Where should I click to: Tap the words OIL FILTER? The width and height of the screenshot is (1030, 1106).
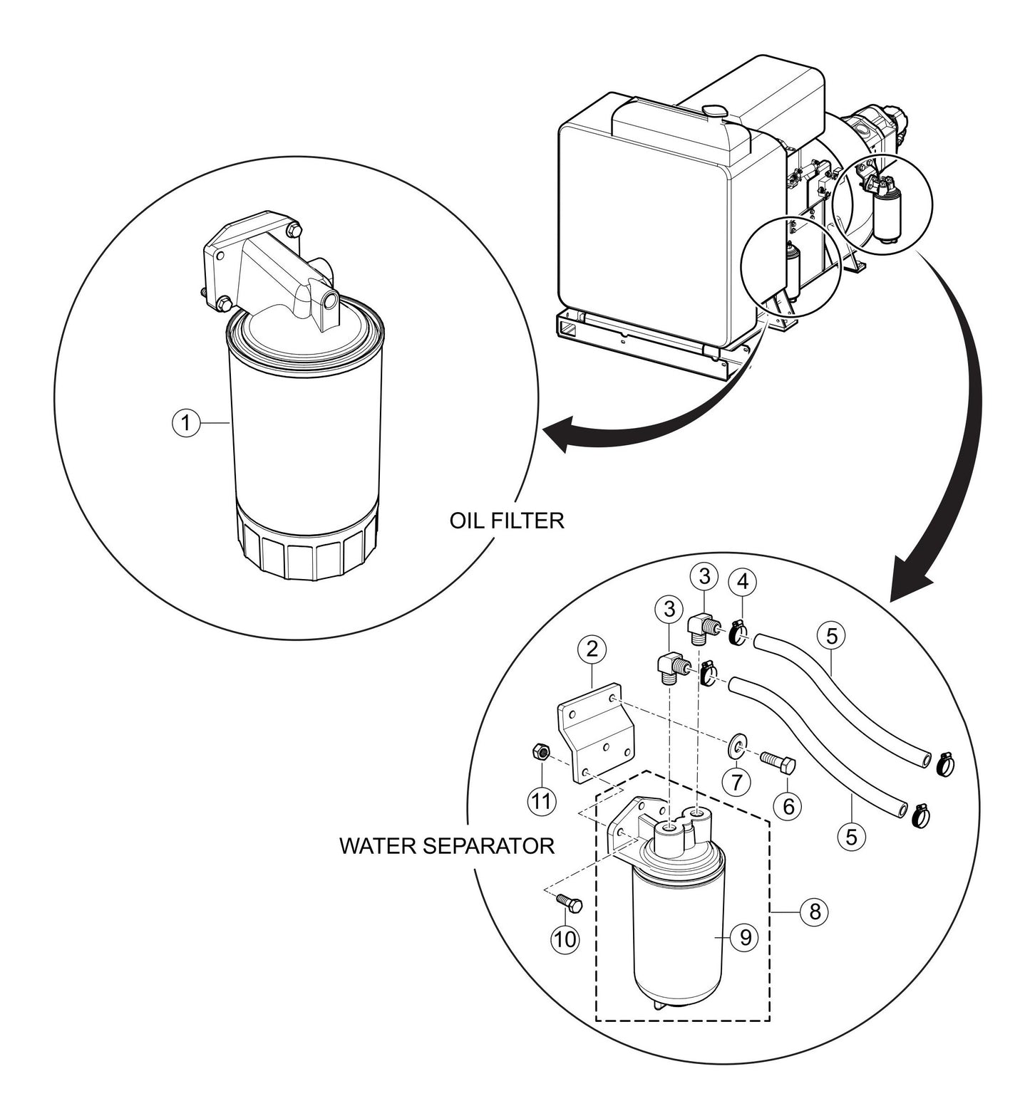coord(506,521)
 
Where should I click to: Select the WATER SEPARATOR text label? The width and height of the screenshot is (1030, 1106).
coord(447,846)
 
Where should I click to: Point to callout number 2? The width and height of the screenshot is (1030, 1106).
coord(592,649)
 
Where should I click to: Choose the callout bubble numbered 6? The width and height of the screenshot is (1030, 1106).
coord(788,805)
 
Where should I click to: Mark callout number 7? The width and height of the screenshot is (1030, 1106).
coord(737,781)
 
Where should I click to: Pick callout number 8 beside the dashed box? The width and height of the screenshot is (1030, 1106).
coord(814,911)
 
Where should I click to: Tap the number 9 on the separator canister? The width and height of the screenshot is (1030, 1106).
coord(745,938)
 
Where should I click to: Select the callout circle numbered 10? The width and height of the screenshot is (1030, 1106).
coord(564,939)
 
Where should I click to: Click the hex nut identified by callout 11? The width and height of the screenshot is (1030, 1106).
coord(540,751)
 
